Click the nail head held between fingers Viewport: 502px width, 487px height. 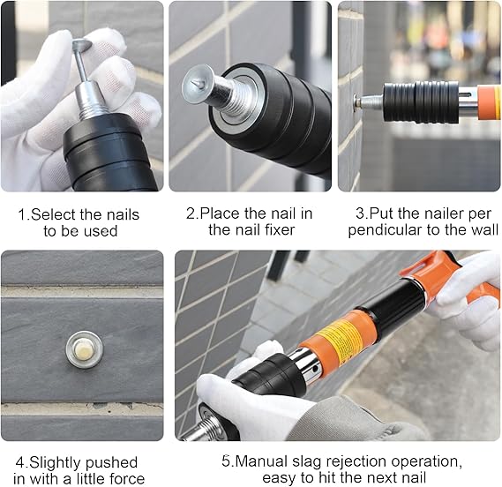(x=82, y=44)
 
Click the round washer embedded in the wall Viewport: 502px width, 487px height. (x=85, y=349)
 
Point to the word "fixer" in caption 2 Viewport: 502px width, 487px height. (x=280, y=229)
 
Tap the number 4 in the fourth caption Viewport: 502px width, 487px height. (x=19, y=462)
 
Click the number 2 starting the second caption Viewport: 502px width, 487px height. (x=191, y=214)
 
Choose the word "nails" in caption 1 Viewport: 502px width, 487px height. (x=123, y=214)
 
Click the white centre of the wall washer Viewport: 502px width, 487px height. (x=84, y=349)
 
